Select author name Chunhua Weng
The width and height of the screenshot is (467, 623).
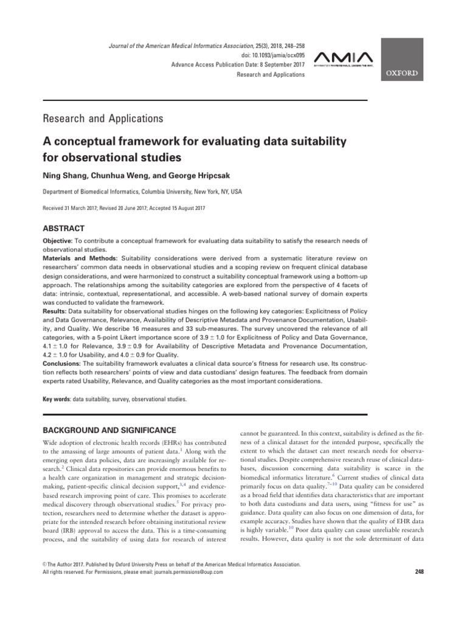point(115,175)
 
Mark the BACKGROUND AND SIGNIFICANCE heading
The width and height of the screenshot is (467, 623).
point(111,430)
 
